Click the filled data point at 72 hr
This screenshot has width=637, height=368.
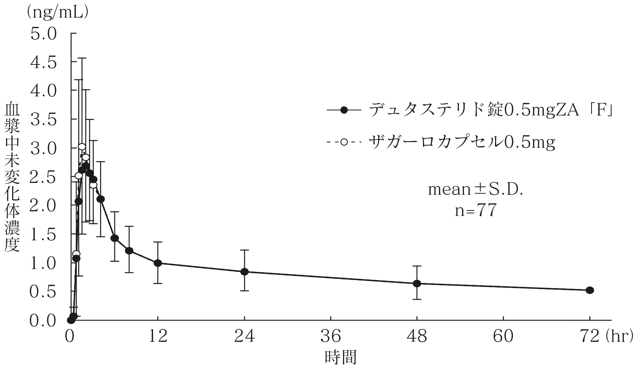pyautogui.click(x=590, y=290)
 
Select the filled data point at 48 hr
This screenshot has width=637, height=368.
pyautogui.click(x=417, y=283)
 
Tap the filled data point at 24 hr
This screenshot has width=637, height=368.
pyautogui.click(x=244, y=272)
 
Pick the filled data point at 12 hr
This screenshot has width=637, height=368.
pyautogui.click(x=158, y=263)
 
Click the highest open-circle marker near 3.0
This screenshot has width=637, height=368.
pyautogui.click(x=82, y=147)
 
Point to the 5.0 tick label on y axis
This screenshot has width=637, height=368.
pyautogui.click(x=44, y=34)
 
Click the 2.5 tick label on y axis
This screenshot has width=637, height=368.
pyautogui.click(x=44, y=177)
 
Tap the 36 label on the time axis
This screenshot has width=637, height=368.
pyautogui.click(x=331, y=337)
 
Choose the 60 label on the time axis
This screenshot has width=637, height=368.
pyautogui.click(x=503, y=337)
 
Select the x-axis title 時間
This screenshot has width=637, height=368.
pyautogui.click(x=341, y=357)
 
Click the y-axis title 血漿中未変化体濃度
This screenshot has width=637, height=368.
pyautogui.click(x=12, y=178)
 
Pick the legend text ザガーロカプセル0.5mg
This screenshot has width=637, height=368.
pyautogui.click(x=462, y=142)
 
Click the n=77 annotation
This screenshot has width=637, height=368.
pyautogui.click(x=475, y=211)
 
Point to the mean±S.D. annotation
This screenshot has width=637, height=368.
pyautogui.click(x=475, y=189)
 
